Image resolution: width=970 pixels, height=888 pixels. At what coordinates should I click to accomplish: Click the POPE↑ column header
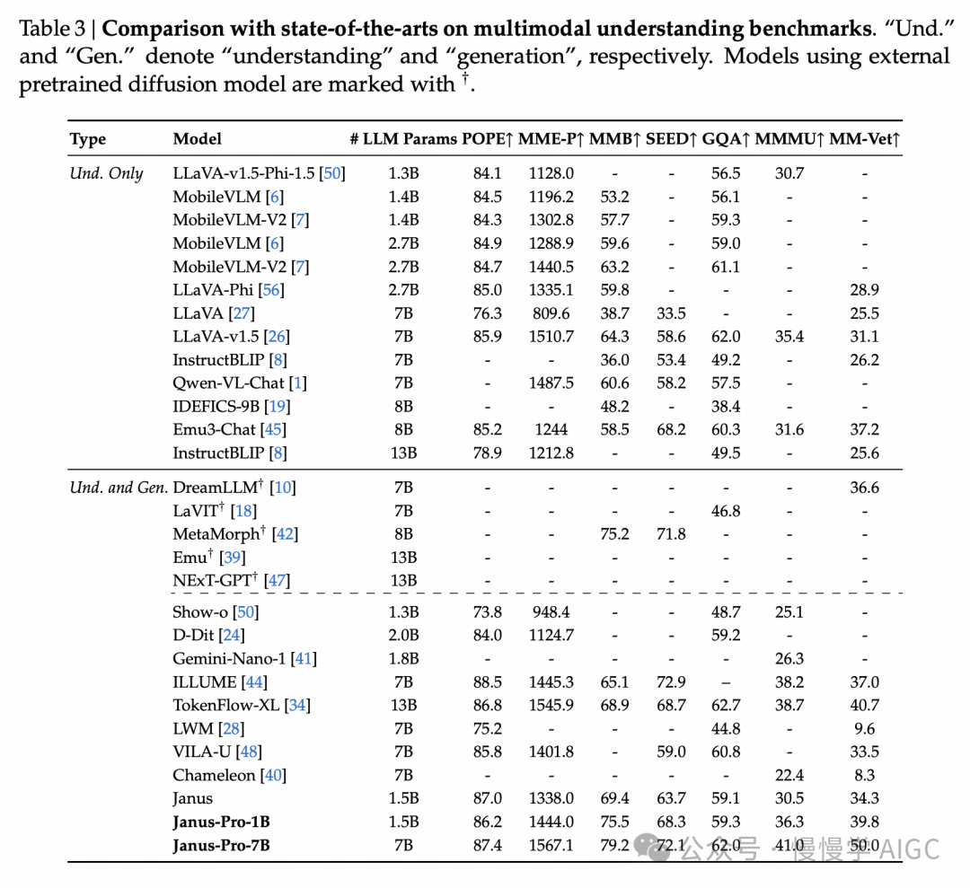click(487, 139)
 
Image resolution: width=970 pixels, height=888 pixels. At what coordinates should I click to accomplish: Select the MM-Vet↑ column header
click(864, 139)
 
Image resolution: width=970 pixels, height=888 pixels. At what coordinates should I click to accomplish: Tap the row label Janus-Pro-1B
click(221, 822)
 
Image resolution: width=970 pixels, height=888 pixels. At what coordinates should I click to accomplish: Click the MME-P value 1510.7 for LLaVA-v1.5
click(551, 337)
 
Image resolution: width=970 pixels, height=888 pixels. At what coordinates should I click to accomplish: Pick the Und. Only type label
click(106, 173)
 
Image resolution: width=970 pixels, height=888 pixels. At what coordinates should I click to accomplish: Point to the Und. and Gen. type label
click(119, 488)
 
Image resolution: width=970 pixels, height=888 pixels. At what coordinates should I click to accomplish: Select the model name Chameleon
click(216, 775)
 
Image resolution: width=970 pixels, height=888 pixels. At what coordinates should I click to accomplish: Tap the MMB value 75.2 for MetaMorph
click(615, 534)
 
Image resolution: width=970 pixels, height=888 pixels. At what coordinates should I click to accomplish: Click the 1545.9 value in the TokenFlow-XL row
click(551, 705)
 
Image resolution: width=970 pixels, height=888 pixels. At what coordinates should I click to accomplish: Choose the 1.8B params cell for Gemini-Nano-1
click(403, 658)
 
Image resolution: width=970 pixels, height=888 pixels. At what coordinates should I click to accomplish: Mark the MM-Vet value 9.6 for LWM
click(864, 728)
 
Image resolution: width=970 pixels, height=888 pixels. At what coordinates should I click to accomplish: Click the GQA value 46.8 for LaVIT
click(726, 511)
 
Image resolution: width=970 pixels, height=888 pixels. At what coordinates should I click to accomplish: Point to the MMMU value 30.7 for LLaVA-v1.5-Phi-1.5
click(789, 173)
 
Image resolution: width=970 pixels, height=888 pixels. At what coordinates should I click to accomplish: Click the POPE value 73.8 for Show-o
click(487, 611)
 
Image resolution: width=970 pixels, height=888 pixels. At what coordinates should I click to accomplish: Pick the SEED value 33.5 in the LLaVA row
click(671, 313)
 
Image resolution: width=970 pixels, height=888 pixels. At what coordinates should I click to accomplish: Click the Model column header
click(197, 139)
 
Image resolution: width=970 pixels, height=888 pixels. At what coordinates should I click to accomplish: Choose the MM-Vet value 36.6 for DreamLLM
click(864, 488)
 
